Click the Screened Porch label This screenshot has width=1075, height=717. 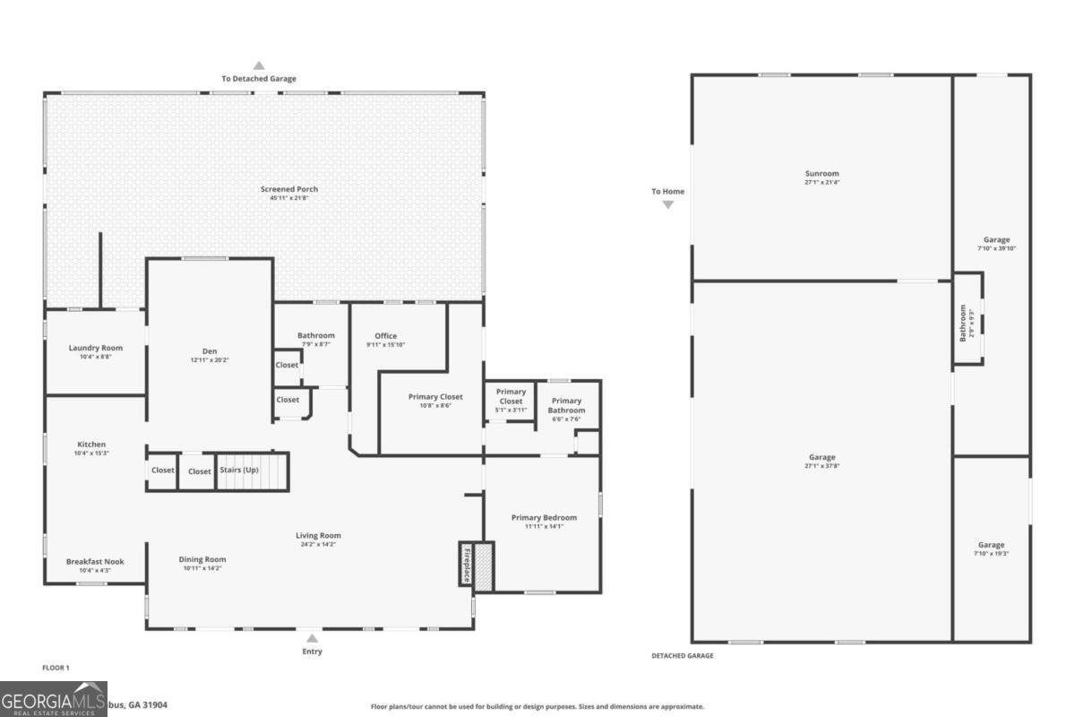[x=289, y=189]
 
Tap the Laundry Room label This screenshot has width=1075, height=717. [x=96, y=348]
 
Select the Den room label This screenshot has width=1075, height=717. [x=210, y=350]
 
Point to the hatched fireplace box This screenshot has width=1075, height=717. [x=483, y=565]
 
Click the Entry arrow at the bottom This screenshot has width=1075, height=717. [x=312, y=639]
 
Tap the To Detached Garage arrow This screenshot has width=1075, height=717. [x=259, y=65]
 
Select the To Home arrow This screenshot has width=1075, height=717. [x=667, y=204]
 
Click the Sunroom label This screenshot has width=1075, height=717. [x=821, y=174]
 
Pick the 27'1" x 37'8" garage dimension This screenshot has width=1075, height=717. [x=821, y=466]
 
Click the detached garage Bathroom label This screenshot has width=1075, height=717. [x=964, y=324]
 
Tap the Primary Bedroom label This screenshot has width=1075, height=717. [x=544, y=517]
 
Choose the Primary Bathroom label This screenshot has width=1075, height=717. [x=566, y=405]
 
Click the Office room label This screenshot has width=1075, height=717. [x=385, y=336]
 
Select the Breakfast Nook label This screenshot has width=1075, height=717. [x=95, y=562]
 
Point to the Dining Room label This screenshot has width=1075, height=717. [x=203, y=559]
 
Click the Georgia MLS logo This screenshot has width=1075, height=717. [x=54, y=699]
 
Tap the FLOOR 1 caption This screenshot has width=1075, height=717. [x=56, y=668]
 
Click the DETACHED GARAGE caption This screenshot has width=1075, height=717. [x=682, y=656]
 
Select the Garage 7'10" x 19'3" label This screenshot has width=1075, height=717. [x=991, y=545]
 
